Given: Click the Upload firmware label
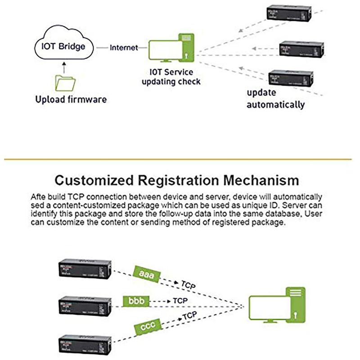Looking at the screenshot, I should point(71,99).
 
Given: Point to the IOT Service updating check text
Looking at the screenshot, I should point(171,77).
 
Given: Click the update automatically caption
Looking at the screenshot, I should point(275,99).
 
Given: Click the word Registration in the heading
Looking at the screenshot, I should point(183,180).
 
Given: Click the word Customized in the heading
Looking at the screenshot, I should point(92,180).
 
